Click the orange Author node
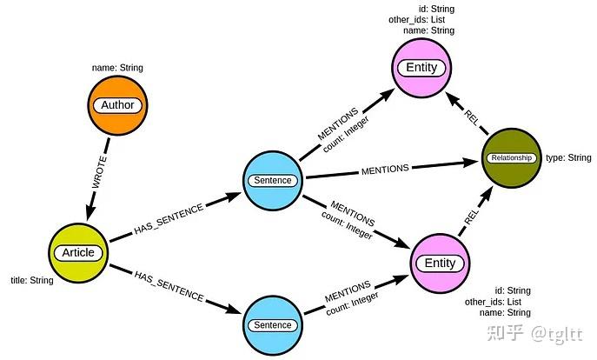pyautogui.click(x=117, y=105)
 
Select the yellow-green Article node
pyautogui.click(x=78, y=253)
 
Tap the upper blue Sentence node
pyautogui.click(x=273, y=181)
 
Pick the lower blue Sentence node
pyautogui.click(x=273, y=325)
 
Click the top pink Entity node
pyautogui.click(x=422, y=68)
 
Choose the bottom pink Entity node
pyautogui.click(x=439, y=263)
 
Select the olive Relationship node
pyautogui.click(x=511, y=158)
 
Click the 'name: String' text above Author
pyautogui.click(x=117, y=68)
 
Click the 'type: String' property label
pyautogui.click(x=567, y=158)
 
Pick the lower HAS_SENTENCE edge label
pyautogui.click(x=169, y=286)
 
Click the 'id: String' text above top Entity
pyautogui.click(x=436, y=10)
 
